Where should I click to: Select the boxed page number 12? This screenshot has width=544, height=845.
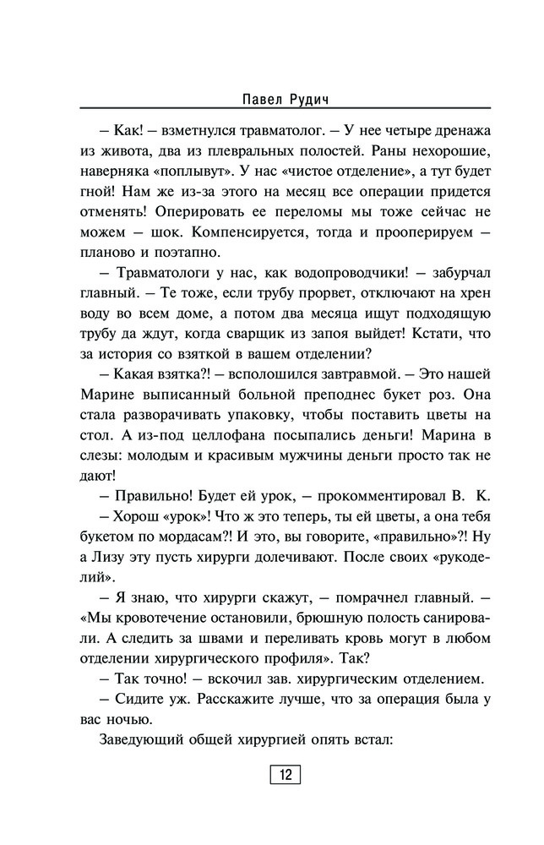(x=285, y=776)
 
